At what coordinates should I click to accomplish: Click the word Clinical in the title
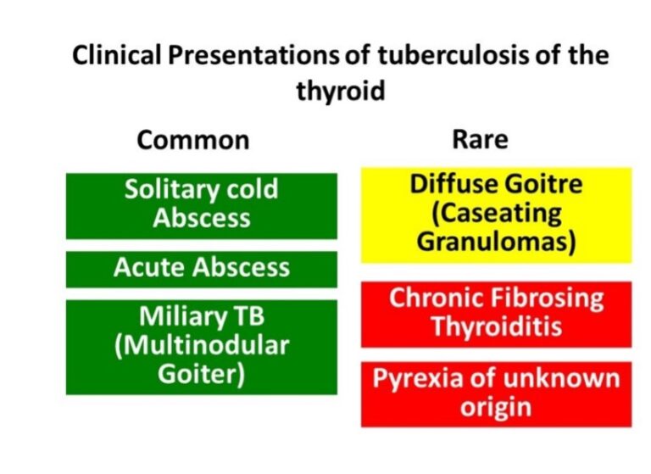click(116, 55)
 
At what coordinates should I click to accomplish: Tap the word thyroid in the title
click(341, 91)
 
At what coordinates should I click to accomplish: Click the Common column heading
click(193, 140)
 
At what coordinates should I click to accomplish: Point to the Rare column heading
click(480, 139)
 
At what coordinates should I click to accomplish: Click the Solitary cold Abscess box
click(202, 206)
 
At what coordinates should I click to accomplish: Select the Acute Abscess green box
click(202, 269)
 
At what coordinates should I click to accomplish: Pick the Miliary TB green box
click(202, 347)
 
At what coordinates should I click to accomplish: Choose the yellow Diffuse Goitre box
click(496, 215)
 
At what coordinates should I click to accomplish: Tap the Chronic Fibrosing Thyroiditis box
click(496, 315)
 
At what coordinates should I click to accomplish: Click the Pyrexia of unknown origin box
click(496, 394)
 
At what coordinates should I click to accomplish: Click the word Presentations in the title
click(253, 55)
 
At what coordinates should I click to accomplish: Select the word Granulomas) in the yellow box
click(496, 241)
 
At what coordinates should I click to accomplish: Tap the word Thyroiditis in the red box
click(497, 326)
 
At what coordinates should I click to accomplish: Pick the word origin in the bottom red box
click(496, 407)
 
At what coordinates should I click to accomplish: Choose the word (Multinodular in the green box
click(202, 345)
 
